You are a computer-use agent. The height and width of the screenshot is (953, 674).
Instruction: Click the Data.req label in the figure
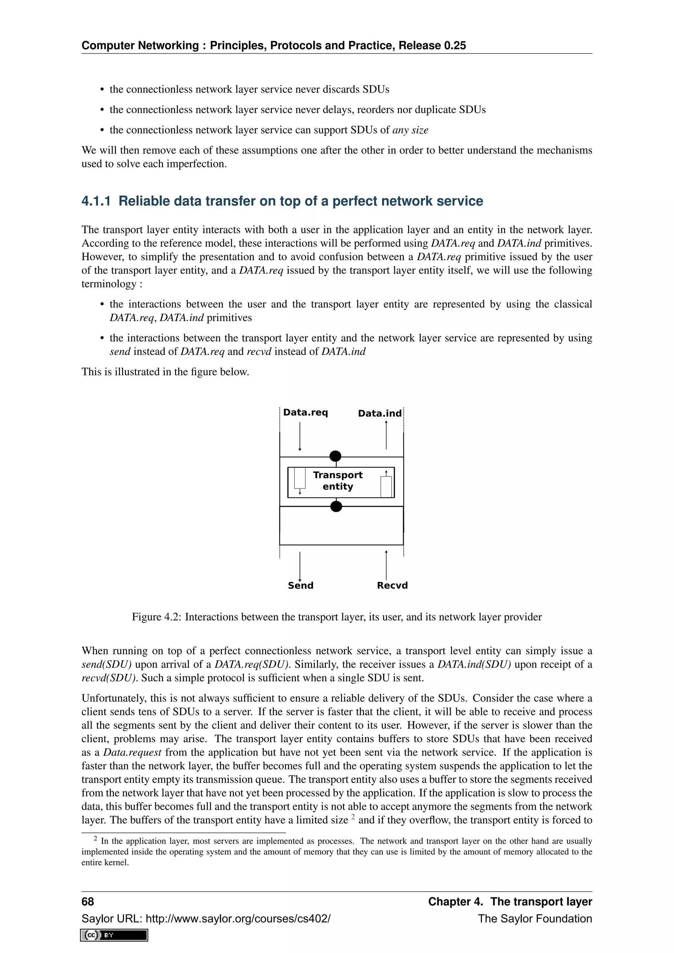(x=305, y=413)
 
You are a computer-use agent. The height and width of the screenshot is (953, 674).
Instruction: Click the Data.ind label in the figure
(x=380, y=413)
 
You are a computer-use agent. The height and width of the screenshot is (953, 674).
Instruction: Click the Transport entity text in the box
(x=338, y=481)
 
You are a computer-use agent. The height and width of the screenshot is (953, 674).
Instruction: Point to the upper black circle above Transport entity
(x=335, y=456)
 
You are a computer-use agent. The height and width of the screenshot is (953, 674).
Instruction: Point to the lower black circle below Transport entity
(x=336, y=506)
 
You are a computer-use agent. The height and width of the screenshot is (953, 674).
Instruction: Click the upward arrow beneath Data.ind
(x=386, y=435)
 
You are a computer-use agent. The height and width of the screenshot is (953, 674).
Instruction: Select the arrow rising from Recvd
(x=386, y=565)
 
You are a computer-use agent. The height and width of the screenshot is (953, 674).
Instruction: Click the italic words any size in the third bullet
(x=410, y=130)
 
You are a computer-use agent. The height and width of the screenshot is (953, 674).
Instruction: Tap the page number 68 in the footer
(x=88, y=902)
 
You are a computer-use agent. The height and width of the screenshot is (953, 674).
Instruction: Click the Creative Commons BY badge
(x=114, y=935)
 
